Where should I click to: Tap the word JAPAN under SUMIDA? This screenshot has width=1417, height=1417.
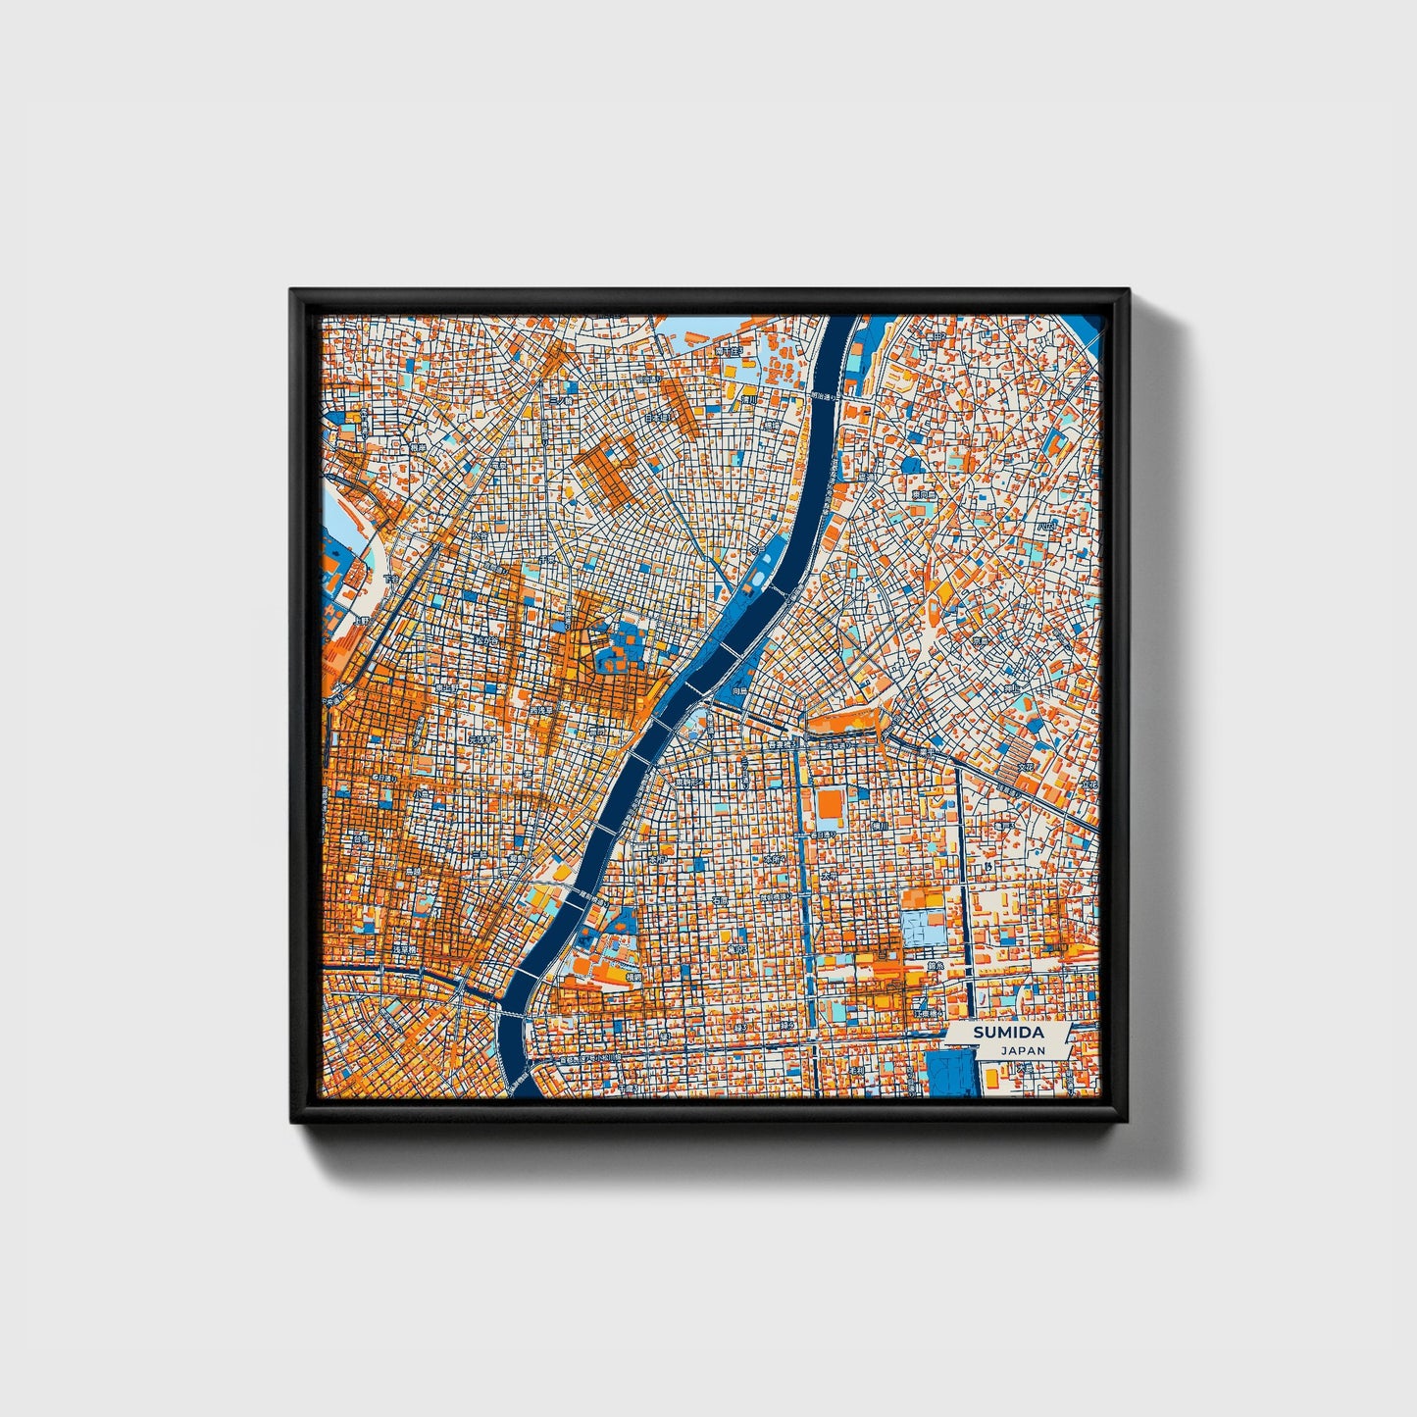click(1023, 1049)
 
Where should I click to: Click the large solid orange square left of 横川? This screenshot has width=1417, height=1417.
click(830, 805)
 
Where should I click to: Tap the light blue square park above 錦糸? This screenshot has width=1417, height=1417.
click(924, 928)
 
